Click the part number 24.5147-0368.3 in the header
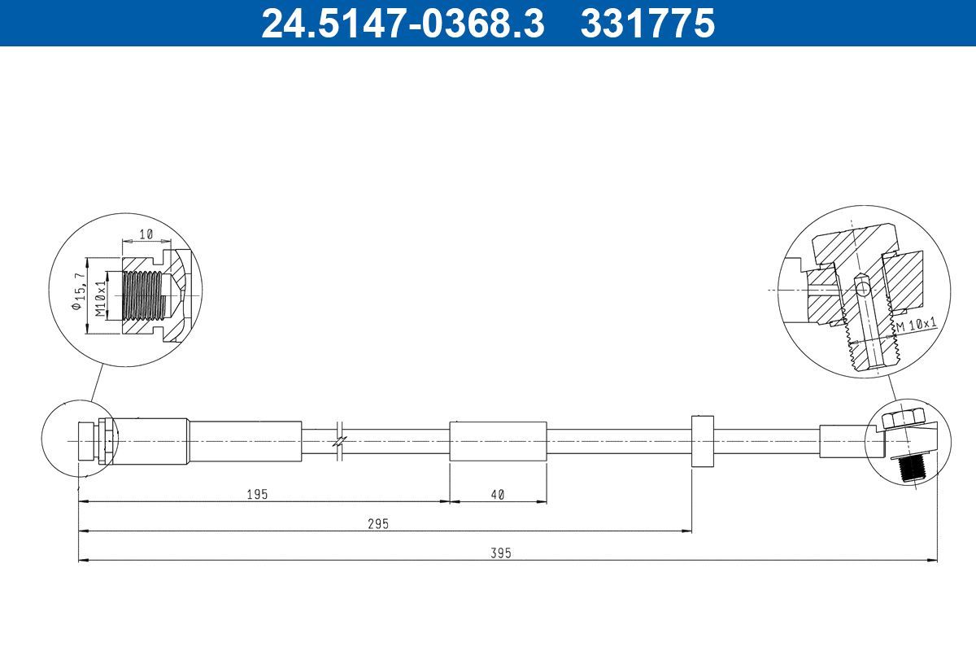tap(403, 23)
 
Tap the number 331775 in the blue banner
tap(648, 23)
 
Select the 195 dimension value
tap(257, 495)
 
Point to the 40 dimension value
tap(498, 495)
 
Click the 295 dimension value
tap(377, 524)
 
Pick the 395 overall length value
tap(501, 553)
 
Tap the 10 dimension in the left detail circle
tap(146, 234)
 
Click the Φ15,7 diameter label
tap(77, 291)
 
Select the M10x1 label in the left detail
tap(100, 299)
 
